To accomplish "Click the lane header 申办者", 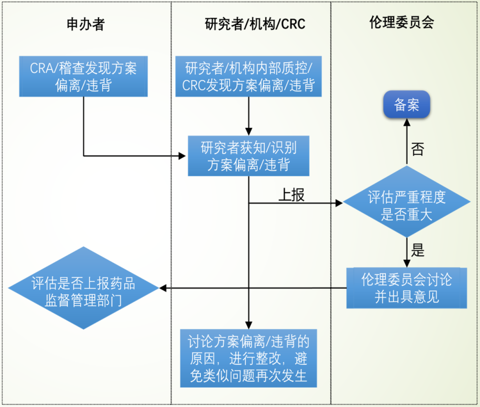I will click(x=85, y=24).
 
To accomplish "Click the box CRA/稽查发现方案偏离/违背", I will click(x=83, y=76).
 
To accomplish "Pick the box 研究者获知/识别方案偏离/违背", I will click(x=248, y=156).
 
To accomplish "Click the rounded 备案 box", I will click(x=407, y=105).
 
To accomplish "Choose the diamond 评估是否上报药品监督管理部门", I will click(x=83, y=288).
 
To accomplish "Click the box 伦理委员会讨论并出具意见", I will click(x=407, y=288).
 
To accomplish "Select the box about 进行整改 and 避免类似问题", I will click(x=248, y=358).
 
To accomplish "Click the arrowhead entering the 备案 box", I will click(x=407, y=124).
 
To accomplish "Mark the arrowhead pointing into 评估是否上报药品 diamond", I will click(x=163, y=288).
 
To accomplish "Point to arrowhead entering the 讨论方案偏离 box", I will click(x=249, y=325).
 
